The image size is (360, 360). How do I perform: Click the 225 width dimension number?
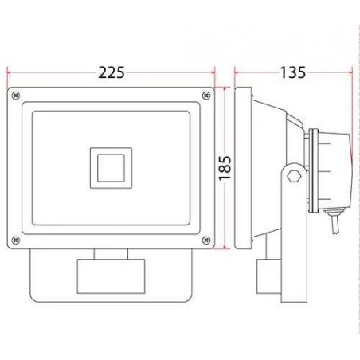pyautogui.click(x=112, y=72)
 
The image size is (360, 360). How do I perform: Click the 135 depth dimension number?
pyautogui.click(x=293, y=72)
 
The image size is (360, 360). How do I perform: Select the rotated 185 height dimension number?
pyautogui.click(x=225, y=168)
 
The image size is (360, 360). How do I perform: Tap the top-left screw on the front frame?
pyautogui.click(x=16, y=96)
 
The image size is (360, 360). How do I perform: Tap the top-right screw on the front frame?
pyautogui.click(x=206, y=96)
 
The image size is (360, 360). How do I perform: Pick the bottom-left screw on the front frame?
pyautogui.click(x=16, y=241)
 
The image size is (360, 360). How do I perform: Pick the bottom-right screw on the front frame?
pyautogui.click(x=206, y=241)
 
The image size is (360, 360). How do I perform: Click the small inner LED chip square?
pyautogui.click(x=111, y=168)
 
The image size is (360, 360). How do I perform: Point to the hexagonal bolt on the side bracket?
pyautogui.click(x=294, y=176)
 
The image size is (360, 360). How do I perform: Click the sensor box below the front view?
pyautogui.click(x=111, y=276)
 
